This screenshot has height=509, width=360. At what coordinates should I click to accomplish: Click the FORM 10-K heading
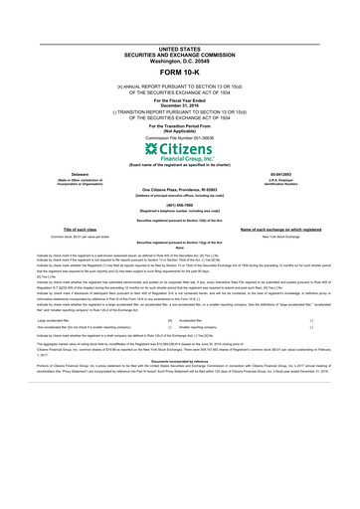pyautogui.click(x=180, y=74)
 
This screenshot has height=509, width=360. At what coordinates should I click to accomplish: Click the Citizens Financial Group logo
pyautogui.click(x=179, y=151)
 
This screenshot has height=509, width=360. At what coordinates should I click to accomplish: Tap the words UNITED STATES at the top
pyautogui.click(x=180, y=48)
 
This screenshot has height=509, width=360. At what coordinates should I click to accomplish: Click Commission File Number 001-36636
pyautogui.click(x=180, y=136)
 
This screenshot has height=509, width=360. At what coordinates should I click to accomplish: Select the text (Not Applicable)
pyautogui.click(x=180, y=130)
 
